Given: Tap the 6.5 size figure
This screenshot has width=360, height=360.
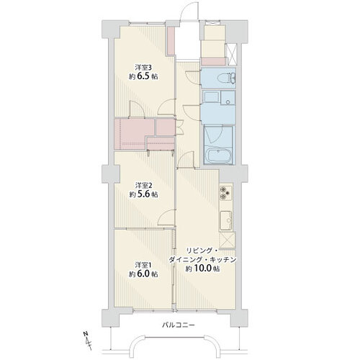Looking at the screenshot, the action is pyautogui.click(x=144, y=76).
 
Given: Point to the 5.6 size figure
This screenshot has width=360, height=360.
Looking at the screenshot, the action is pyautogui.click(x=144, y=194).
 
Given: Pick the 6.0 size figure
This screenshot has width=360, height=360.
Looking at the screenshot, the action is pyautogui.click(x=144, y=274).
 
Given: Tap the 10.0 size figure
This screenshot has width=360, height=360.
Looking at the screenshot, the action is pyautogui.click(x=203, y=269).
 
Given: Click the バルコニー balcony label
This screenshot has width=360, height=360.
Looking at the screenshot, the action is pyautogui.click(x=179, y=325).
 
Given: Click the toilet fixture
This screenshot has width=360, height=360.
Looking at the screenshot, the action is pyautogui.click(x=225, y=78).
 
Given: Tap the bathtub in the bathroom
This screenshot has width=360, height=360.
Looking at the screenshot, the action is pyautogui.click(x=220, y=156).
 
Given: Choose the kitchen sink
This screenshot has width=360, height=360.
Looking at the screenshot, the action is pyautogui.click(x=226, y=220).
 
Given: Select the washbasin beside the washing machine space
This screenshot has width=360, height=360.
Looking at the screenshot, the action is pyautogui.click(x=228, y=98).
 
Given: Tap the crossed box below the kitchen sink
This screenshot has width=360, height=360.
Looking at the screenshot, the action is pyautogui.click(x=228, y=240).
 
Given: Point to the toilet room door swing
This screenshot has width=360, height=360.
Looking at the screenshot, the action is pyautogui.click(x=192, y=77).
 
